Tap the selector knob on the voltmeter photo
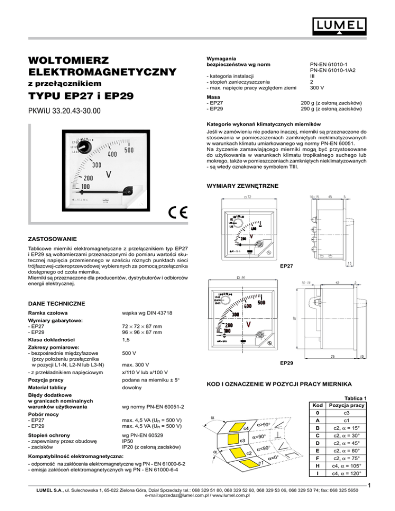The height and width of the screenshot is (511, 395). pyautogui.click(x=83, y=148)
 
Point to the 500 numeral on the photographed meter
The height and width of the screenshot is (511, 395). pyautogui.click(x=130, y=150)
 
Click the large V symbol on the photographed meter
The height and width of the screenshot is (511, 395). pyautogui.click(x=109, y=175)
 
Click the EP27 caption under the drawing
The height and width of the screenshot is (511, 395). pyautogui.click(x=286, y=266)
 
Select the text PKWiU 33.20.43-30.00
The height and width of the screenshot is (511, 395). pyautogui.click(x=65, y=111)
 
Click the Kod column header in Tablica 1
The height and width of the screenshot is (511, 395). pyautogui.click(x=320, y=406)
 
